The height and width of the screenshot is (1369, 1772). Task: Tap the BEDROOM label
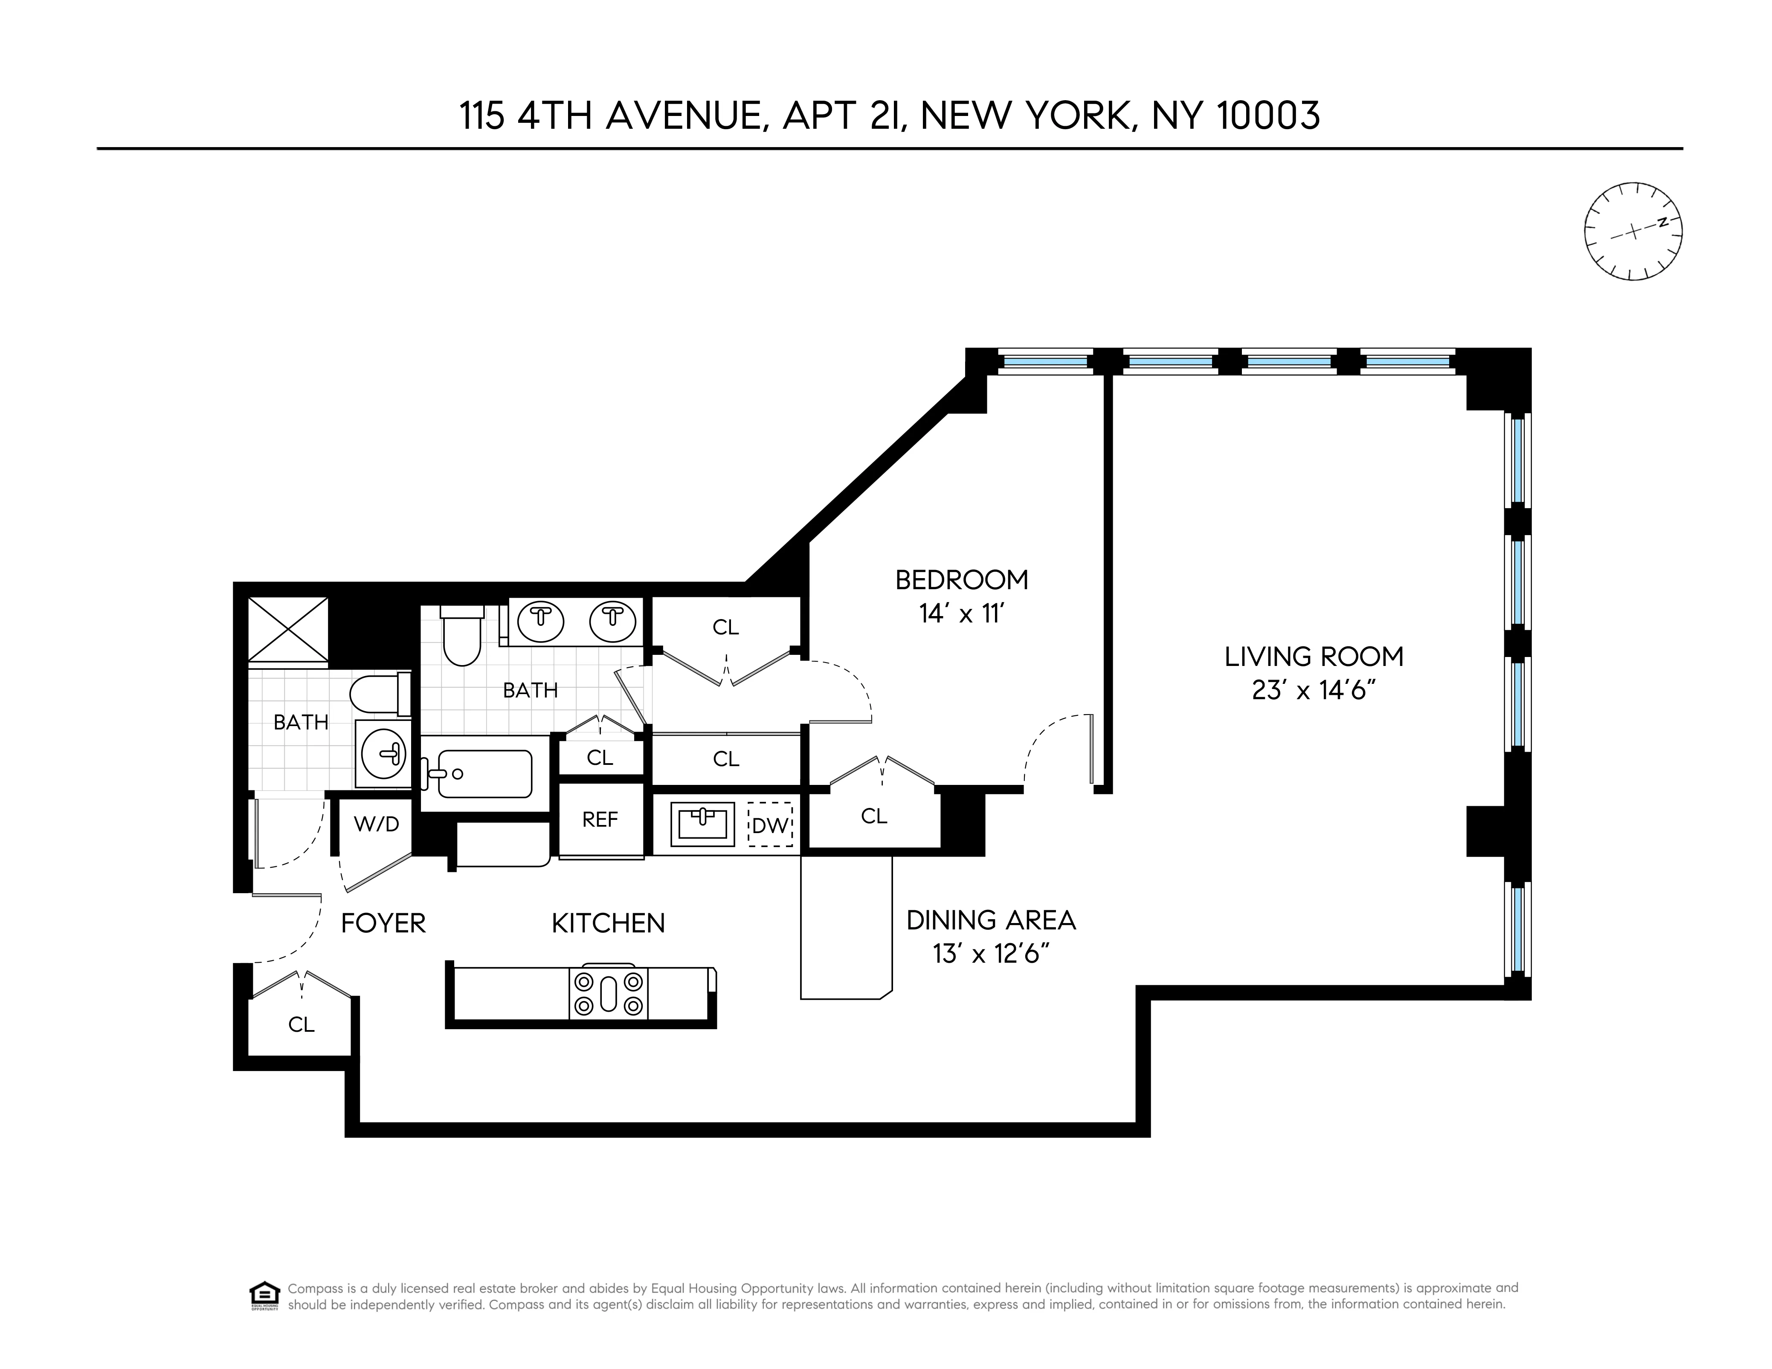point(961,580)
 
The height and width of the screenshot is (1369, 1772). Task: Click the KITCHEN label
point(608,923)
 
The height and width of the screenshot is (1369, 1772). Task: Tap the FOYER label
point(383,923)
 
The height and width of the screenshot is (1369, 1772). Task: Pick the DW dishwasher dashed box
point(770,825)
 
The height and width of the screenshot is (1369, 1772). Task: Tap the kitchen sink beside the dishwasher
point(702,824)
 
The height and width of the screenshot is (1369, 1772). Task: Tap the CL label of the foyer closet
point(301,1025)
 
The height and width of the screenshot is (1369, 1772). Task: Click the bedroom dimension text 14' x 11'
point(961,614)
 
